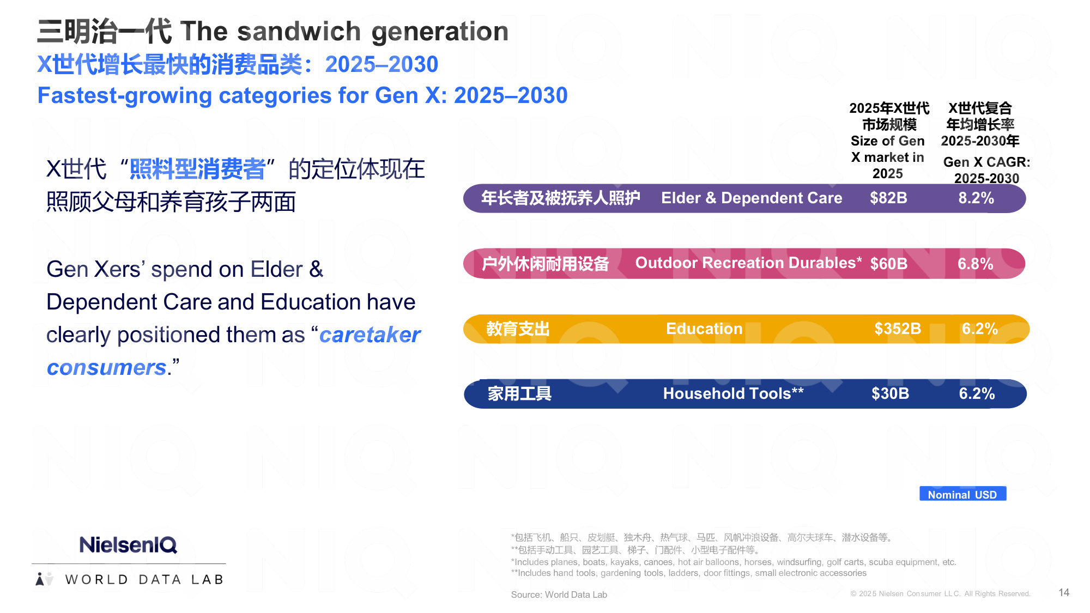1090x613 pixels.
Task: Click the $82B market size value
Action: pos(888,198)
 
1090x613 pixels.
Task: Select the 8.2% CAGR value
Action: pos(976,198)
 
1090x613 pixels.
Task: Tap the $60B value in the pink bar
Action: pos(889,264)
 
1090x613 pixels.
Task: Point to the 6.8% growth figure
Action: pos(976,264)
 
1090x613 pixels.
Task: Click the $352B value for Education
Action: pos(898,329)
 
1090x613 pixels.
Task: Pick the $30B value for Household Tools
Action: pos(890,393)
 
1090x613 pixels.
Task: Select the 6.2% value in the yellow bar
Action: pos(979,329)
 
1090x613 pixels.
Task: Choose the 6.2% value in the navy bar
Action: pos(977,393)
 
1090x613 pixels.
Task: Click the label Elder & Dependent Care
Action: pos(752,198)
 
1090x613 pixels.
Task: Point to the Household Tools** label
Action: pos(733,393)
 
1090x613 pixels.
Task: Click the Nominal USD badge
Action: pos(962,494)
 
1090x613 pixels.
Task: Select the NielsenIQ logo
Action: pos(128,544)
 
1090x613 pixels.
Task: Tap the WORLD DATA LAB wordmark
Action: pos(144,579)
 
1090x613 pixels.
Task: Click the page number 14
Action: pos(1064,592)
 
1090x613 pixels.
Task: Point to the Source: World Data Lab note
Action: pos(559,594)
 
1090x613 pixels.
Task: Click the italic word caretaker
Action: pos(370,335)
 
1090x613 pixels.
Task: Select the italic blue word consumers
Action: pos(107,367)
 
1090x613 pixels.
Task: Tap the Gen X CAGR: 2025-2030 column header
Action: pos(986,170)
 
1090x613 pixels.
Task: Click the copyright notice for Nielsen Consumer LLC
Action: pos(940,593)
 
